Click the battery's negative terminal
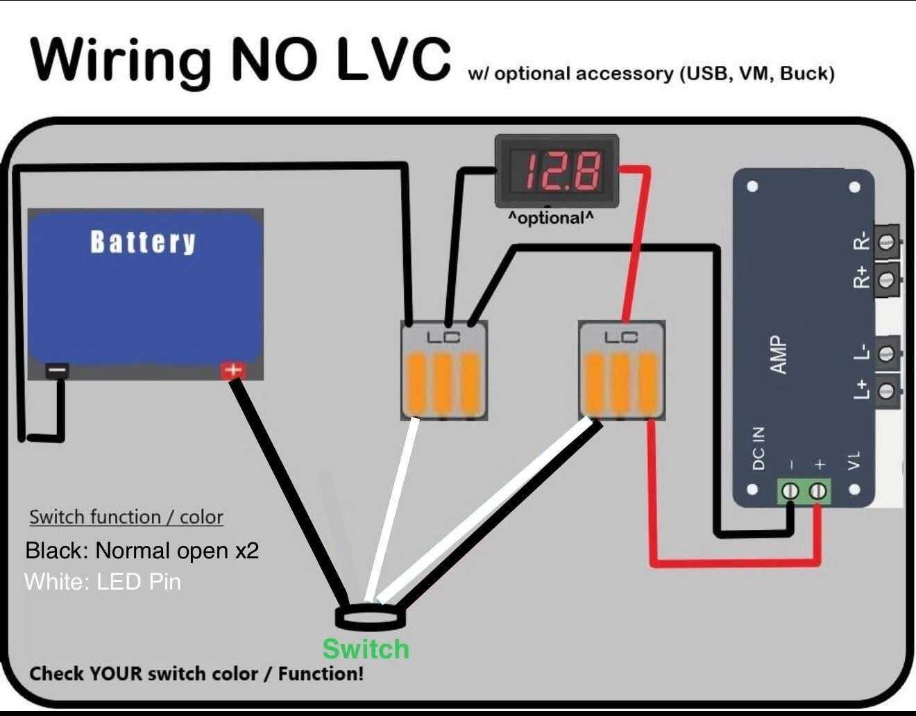pyautogui.click(x=58, y=371)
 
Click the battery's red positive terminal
pyautogui.click(x=233, y=371)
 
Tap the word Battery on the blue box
pyautogui.click(x=143, y=242)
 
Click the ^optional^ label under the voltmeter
pyautogui.click(x=551, y=218)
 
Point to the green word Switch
pyautogui.click(x=366, y=649)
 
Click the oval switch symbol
pyautogui.click(x=370, y=617)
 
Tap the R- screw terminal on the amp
pyautogui.click(x=885, y=242)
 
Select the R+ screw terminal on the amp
pyautogui.click(x=885, y=280)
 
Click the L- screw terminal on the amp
pyautogui.click(x=885, y=353)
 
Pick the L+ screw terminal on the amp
pyautogui.click(x=885, y=390)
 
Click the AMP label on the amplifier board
pyautogui.click(x=779, y=355)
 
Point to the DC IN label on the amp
pyautogui.click(x=758, y=448)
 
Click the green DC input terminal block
pyautogui.click(x=804, y=491)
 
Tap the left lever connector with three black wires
pyautogui.click(x=444, y=371)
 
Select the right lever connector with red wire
pyautogui.click(x=622, y=371)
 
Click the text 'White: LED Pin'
pyautogui.click(x=103, y=581)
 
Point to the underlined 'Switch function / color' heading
pyautogui.click(x=126, y=517)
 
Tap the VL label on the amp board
pyautogui.click(x=854, y=460)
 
